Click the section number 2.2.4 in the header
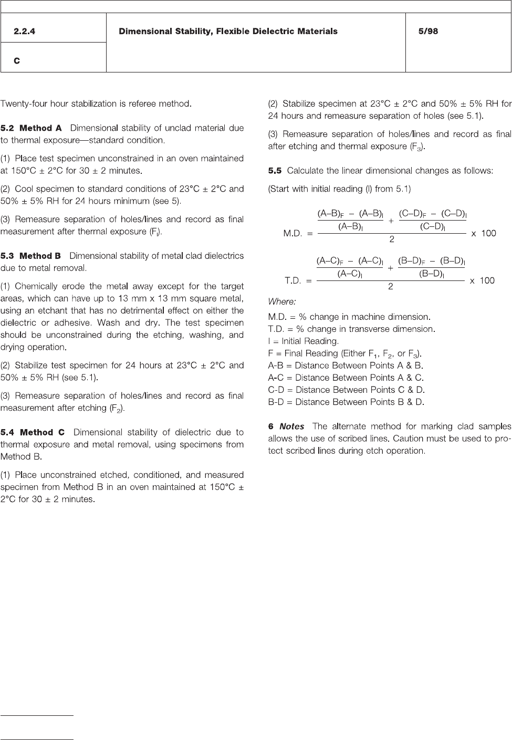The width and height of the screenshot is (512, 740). click(x=25, y=32)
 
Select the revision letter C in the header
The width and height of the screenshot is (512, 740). click(x=17, y=61)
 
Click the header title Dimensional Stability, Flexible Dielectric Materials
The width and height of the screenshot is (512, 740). click(x=228, y=32)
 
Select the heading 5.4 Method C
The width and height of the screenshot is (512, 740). click(x=33, y=432)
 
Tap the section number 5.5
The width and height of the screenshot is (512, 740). click(x=275, y=171)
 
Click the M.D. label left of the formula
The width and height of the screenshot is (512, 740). click(x=292, y=234)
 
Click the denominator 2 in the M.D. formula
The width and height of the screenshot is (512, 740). click(x=391, y=239)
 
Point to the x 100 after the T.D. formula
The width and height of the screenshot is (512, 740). click(x=482, y=280)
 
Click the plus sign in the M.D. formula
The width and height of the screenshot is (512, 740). click(x=391, y=221)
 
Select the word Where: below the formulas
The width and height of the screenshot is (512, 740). click(x=282, y=301)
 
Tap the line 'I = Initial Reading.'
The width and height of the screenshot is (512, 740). click(x=303, y=341)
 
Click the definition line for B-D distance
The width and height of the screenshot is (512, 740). click(x=346, y=402)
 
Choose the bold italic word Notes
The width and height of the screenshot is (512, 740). click(x=291, y=426)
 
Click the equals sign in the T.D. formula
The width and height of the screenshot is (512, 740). click(x=310, y=281)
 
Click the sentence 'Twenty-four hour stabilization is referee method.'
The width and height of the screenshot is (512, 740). click(x=96, y=104)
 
